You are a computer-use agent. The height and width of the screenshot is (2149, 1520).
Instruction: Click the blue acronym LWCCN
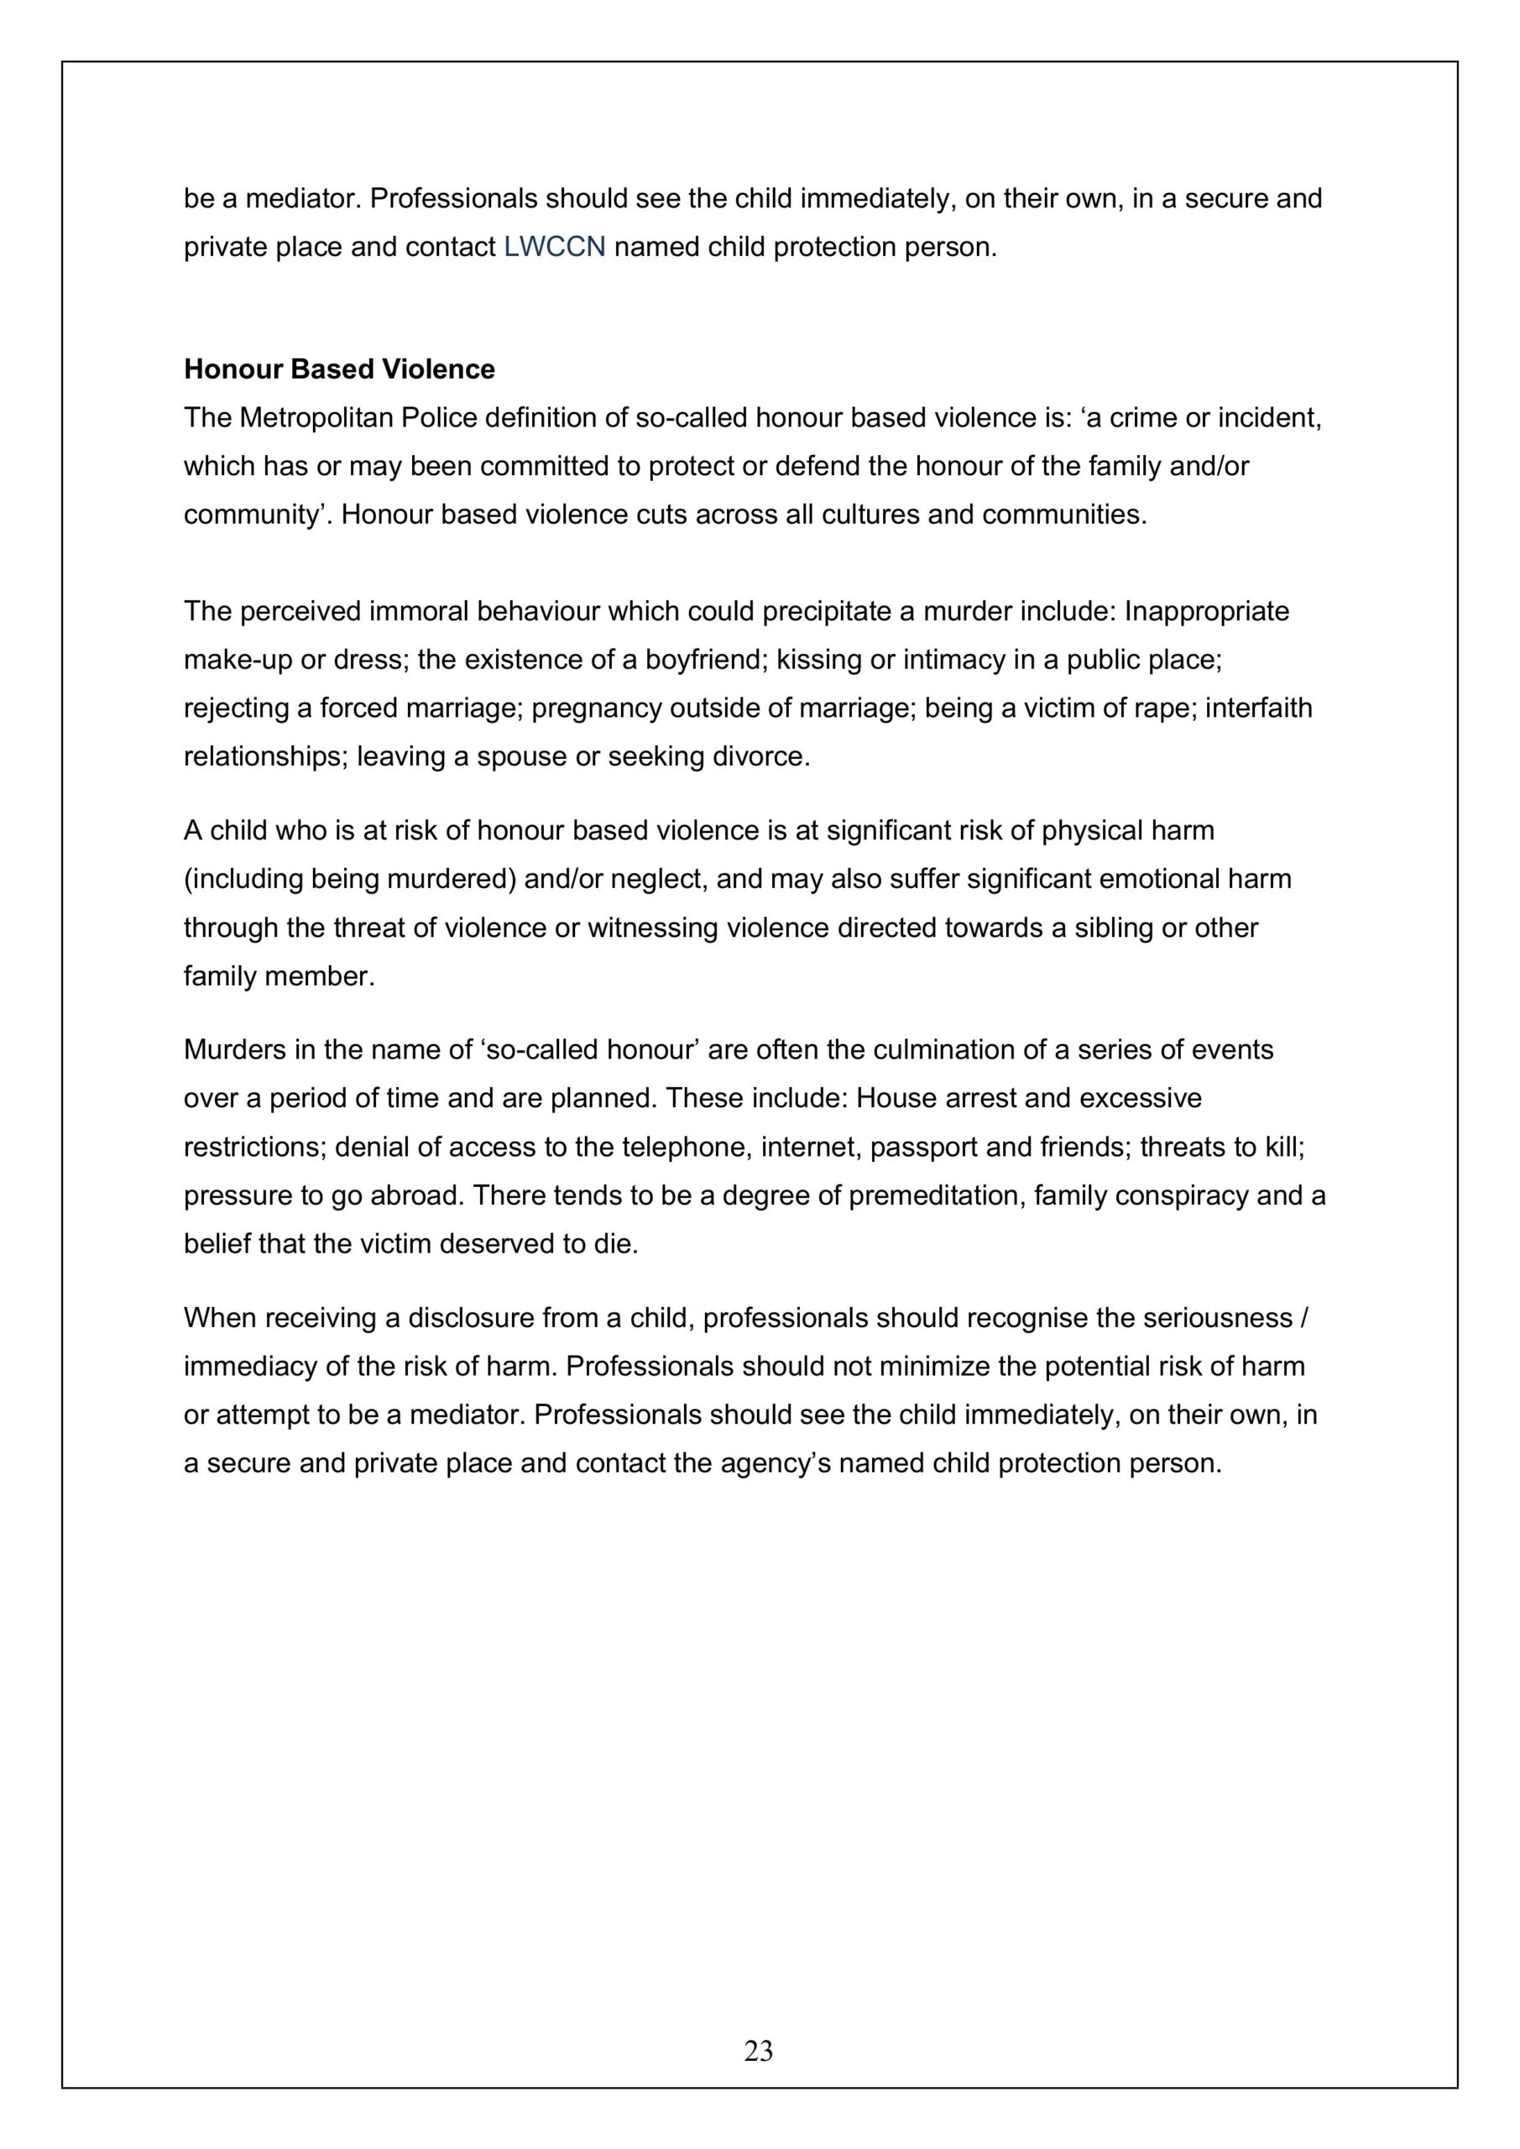(x=554, y=247)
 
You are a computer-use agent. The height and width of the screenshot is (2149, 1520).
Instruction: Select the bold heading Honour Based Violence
(x=339, y=369)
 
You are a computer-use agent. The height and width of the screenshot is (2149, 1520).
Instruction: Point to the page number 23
(x=758, y=2051)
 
